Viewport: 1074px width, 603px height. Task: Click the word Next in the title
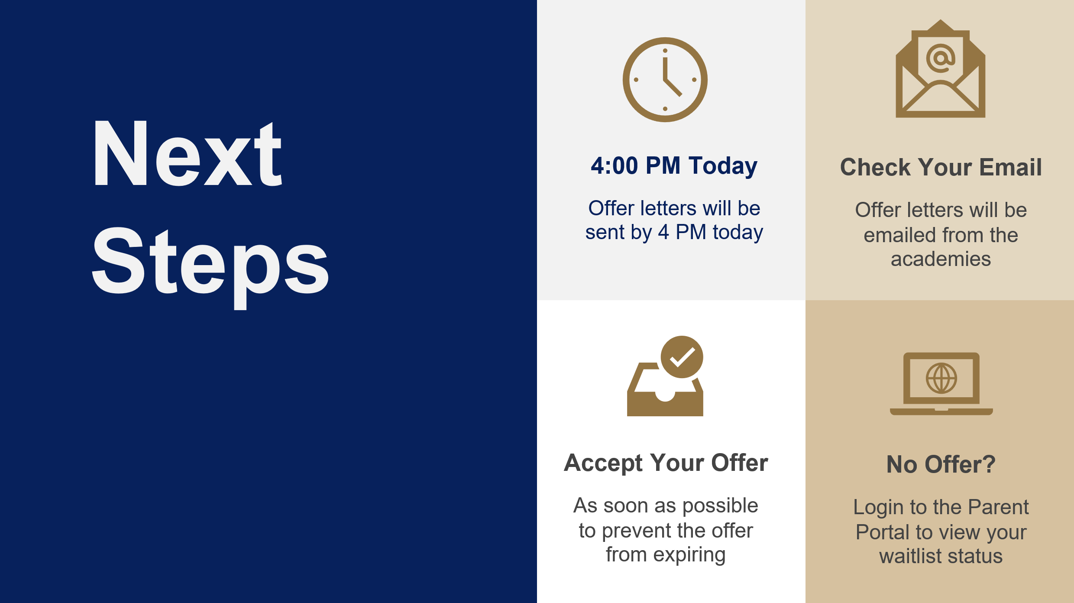[188, 153]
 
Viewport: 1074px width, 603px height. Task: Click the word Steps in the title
[210, 267]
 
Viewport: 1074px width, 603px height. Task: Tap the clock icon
[665, 80]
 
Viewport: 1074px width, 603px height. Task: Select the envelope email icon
[941, 68]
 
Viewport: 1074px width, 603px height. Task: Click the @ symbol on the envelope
[941, 58]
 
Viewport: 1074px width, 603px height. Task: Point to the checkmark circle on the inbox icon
[682, 357]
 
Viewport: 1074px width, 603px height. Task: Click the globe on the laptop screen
[941, 378]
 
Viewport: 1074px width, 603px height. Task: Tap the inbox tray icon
[665, 389]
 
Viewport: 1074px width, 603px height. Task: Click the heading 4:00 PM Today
[674, 165]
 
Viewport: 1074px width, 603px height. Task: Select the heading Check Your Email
[941, 167]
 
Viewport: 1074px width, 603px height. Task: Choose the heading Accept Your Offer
[666, 463]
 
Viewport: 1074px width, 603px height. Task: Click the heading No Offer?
[941, 464]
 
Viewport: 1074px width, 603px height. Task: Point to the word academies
[941, 259]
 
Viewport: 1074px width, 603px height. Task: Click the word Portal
[883, 532]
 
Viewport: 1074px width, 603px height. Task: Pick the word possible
[720, 506]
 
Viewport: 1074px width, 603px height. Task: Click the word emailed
[899, 235]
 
